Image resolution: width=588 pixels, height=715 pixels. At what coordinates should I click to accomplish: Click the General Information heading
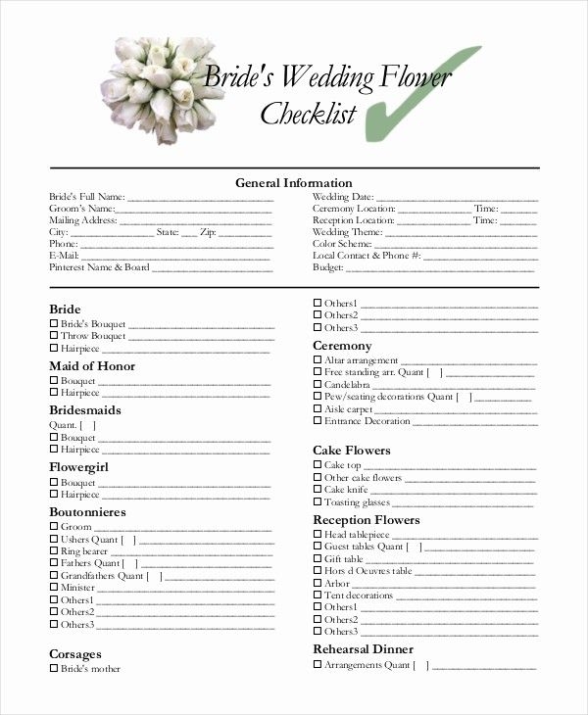point(293,182)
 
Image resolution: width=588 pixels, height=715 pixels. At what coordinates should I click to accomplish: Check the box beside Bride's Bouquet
point(53,323)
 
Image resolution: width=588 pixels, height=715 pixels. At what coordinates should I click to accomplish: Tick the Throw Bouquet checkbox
point(53,336)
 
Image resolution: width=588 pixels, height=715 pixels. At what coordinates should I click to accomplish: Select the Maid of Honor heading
point(92,366)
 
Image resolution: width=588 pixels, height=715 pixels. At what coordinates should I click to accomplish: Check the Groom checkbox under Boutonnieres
point(53,527)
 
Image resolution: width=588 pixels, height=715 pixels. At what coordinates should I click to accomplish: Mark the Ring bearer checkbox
point(53,551)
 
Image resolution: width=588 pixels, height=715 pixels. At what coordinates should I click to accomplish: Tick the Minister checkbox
point(53,588)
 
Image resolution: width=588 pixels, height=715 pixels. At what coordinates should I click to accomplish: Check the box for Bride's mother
point(53,669)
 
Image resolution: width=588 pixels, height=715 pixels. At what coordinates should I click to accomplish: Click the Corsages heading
point(75,653)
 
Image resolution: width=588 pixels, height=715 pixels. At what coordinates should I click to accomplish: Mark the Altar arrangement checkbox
point(317,360)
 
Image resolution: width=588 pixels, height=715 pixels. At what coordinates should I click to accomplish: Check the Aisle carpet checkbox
point(317,408)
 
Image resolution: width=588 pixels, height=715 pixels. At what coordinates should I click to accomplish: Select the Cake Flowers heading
point(351,451)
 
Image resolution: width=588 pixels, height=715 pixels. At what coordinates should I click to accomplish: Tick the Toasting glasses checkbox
point(317,501)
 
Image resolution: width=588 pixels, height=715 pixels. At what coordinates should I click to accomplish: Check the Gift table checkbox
point(317,558)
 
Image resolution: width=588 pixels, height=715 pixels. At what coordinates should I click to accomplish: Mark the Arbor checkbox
point(317,583)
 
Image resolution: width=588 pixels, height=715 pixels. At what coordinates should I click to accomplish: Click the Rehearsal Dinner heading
point(363,648)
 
